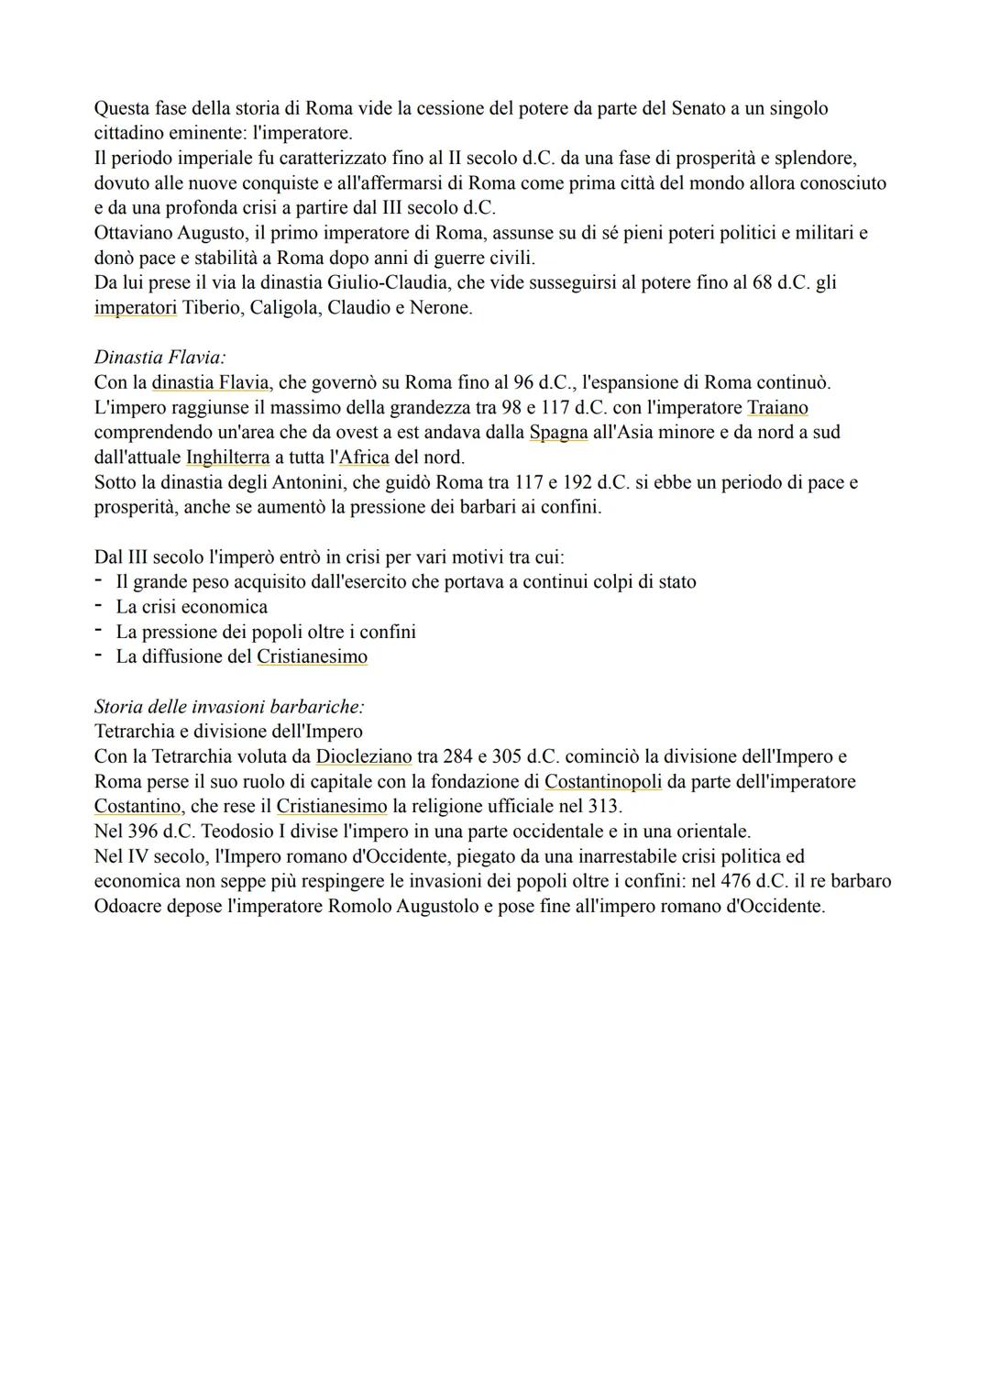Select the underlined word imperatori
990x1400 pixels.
pos(135,308)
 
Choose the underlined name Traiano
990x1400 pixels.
pos(777,407)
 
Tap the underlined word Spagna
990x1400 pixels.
pos(558,432)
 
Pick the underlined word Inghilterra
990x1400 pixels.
pos(227,457)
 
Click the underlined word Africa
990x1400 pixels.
pos(364,457)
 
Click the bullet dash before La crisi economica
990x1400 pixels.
pos(98,607)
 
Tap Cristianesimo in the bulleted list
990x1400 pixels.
pos(312,656)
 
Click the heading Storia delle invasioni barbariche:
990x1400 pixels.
pos(229,707)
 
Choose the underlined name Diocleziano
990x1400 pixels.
pos(363,756)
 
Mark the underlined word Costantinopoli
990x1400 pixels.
pos(602,782)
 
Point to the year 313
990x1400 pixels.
pos(605,807)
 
